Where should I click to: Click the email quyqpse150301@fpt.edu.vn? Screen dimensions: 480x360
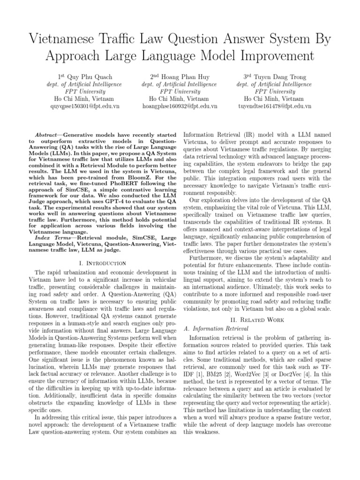[x=85, y=106]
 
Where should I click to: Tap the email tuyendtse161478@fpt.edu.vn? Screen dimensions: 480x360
[x=274, y=106]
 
